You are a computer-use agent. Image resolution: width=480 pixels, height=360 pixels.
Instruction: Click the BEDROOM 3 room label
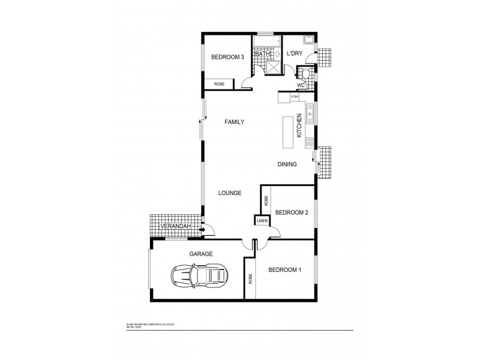(x=227, y=58)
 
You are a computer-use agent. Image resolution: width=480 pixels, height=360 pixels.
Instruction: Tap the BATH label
(x=262, y=54)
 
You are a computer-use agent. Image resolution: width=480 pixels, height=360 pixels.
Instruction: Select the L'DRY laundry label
(x=294, y=54)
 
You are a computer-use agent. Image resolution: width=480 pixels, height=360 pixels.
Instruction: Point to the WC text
(x=301, y=85)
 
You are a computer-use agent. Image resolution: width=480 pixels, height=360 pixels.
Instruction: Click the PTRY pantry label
(x=295, y=97)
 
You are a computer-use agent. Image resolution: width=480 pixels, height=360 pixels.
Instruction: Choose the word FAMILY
(x=234, y=122)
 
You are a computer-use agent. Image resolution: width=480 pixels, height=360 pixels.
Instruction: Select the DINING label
(x=287, y=164)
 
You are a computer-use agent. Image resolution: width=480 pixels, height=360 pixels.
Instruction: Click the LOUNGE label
(x=230, y=193)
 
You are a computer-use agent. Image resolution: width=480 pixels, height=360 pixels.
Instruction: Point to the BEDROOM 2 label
(x=292, y=212)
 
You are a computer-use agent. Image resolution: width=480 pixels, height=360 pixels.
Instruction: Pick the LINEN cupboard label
(x=262, y=221)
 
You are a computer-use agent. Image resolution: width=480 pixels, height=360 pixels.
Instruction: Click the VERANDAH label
(x=176, y=226)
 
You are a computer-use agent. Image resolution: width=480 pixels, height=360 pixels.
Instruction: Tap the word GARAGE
(x=201, y=254)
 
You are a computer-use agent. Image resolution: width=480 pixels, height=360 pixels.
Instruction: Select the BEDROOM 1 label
(x=284, y=270)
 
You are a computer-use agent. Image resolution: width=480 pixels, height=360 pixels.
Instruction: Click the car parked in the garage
(x=200, y=276)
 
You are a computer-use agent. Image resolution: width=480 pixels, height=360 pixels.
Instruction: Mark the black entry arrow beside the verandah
(x=202, y=229)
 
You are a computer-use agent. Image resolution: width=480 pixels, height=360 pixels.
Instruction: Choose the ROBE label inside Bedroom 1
(x=250, y=279)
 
